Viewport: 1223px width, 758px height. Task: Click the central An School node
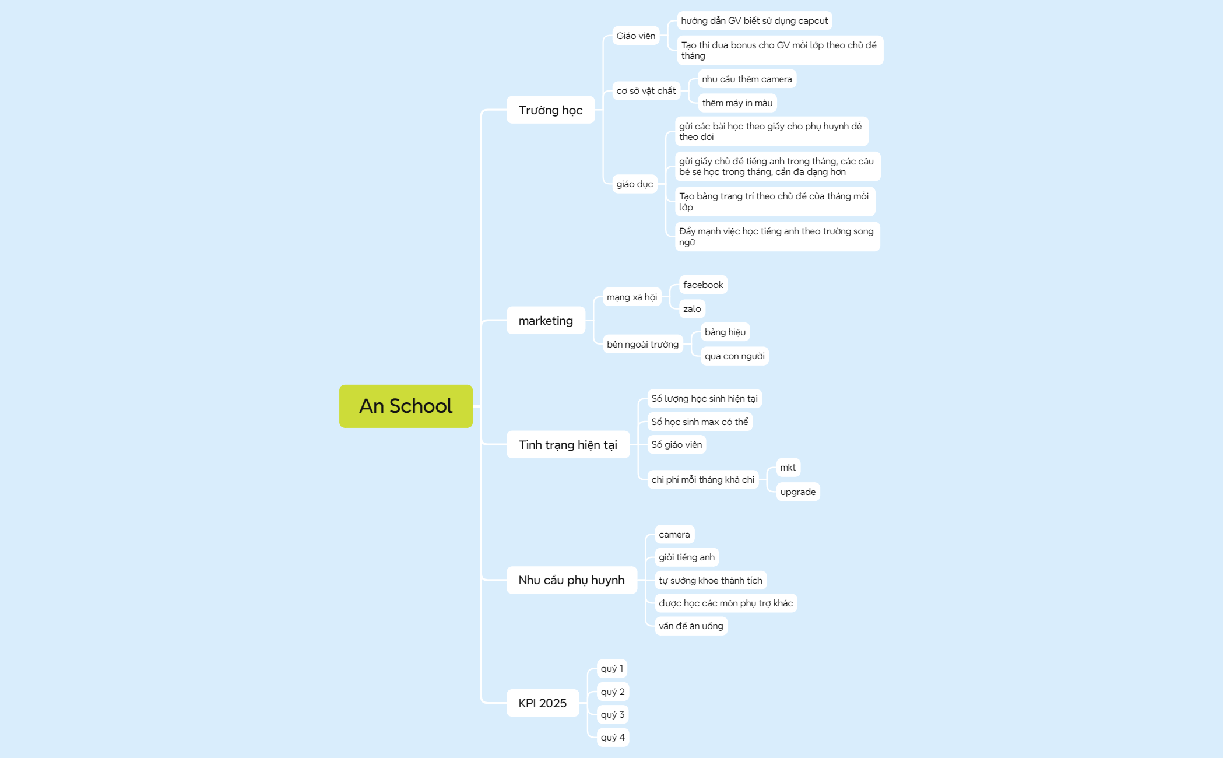coord(406,406)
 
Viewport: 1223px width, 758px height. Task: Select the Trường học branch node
coord(550,110)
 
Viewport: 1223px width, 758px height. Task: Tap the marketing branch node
coord(546,320)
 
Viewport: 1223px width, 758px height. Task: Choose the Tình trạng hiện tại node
coord(568,444)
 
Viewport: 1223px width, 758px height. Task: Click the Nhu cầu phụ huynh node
coord(571,580)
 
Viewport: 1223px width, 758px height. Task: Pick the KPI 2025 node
coord(542,703)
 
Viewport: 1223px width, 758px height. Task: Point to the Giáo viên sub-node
coord(636,36)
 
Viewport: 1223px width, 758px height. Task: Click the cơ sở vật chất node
coord(646,90)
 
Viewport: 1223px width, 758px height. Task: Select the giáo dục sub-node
coord(635,184)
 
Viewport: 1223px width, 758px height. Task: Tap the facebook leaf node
coord(703,285)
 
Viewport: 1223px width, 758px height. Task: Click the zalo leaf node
coord(692,308)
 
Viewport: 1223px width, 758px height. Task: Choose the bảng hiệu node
coord(725,332)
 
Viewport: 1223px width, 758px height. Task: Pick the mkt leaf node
coord(788,467)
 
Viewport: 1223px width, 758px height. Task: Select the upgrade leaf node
coord(798,492)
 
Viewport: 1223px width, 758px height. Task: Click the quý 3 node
coord(613,714)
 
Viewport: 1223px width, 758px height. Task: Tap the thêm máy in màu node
coord(737,103)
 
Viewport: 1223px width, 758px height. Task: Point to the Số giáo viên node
coord(677,444)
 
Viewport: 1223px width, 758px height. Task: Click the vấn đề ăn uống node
coord(691,626)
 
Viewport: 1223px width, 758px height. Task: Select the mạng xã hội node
coord(632,297)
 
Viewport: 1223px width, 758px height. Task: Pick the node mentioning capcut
coord(754,20)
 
